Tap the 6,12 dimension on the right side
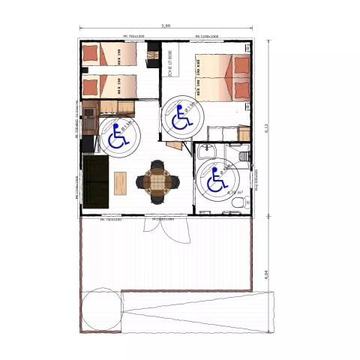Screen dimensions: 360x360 click(x=267, y=127)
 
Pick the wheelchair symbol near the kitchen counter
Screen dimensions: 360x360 click(x=118, y=136)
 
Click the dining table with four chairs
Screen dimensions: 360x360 click(x=158, y=181)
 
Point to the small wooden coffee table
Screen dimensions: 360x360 click(x=121, y=183)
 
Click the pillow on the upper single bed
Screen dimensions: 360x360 click(x=90, y=52)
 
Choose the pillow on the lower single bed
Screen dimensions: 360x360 click(x=90, y=85)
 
